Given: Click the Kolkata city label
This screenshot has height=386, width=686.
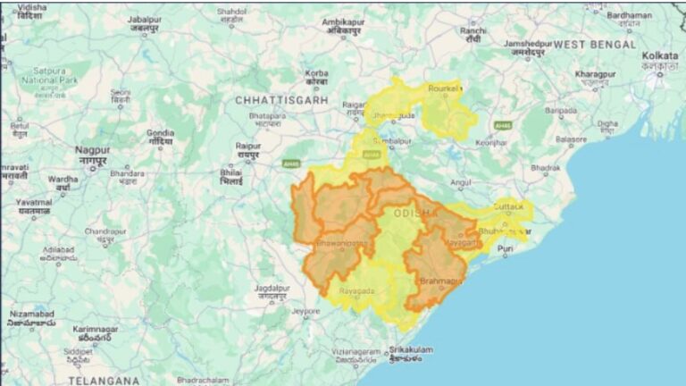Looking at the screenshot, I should tap(659, 55).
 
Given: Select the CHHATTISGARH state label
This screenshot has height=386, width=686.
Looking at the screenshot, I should tap(282, 101).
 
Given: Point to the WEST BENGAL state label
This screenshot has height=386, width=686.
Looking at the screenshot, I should tap(594, 44).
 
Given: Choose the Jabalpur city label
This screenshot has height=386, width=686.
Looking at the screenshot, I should tap(144, 19).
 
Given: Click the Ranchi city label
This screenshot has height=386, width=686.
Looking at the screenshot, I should tap(473, 30).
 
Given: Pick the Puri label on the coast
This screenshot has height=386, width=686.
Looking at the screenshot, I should tap(506, 248).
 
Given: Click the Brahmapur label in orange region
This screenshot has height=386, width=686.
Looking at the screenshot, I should tap(442, 281).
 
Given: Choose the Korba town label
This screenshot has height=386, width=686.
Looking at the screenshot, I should tap(316, 73).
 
